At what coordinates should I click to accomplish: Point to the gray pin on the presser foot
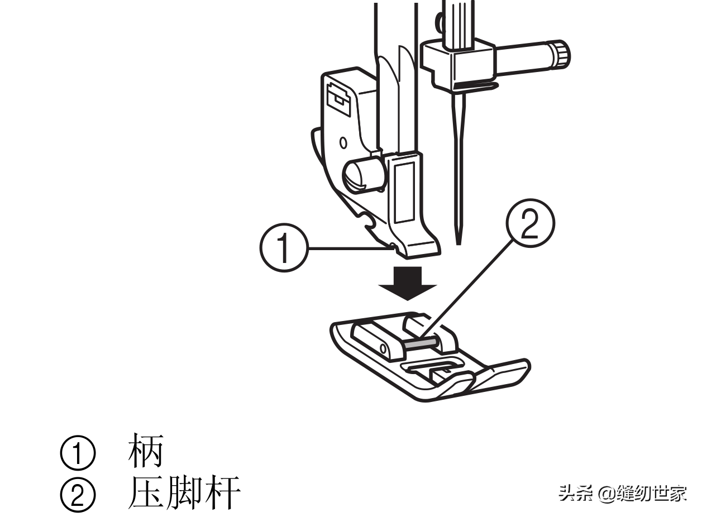click(421, 342)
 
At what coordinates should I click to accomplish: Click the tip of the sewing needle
click(459, 241)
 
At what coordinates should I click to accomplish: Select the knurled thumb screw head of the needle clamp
click(561, 55)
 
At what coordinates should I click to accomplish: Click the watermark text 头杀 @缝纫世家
click(623, 493)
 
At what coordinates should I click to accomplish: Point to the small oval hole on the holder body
click(343, 142)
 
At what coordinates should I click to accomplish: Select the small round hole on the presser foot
click(383, 349)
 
